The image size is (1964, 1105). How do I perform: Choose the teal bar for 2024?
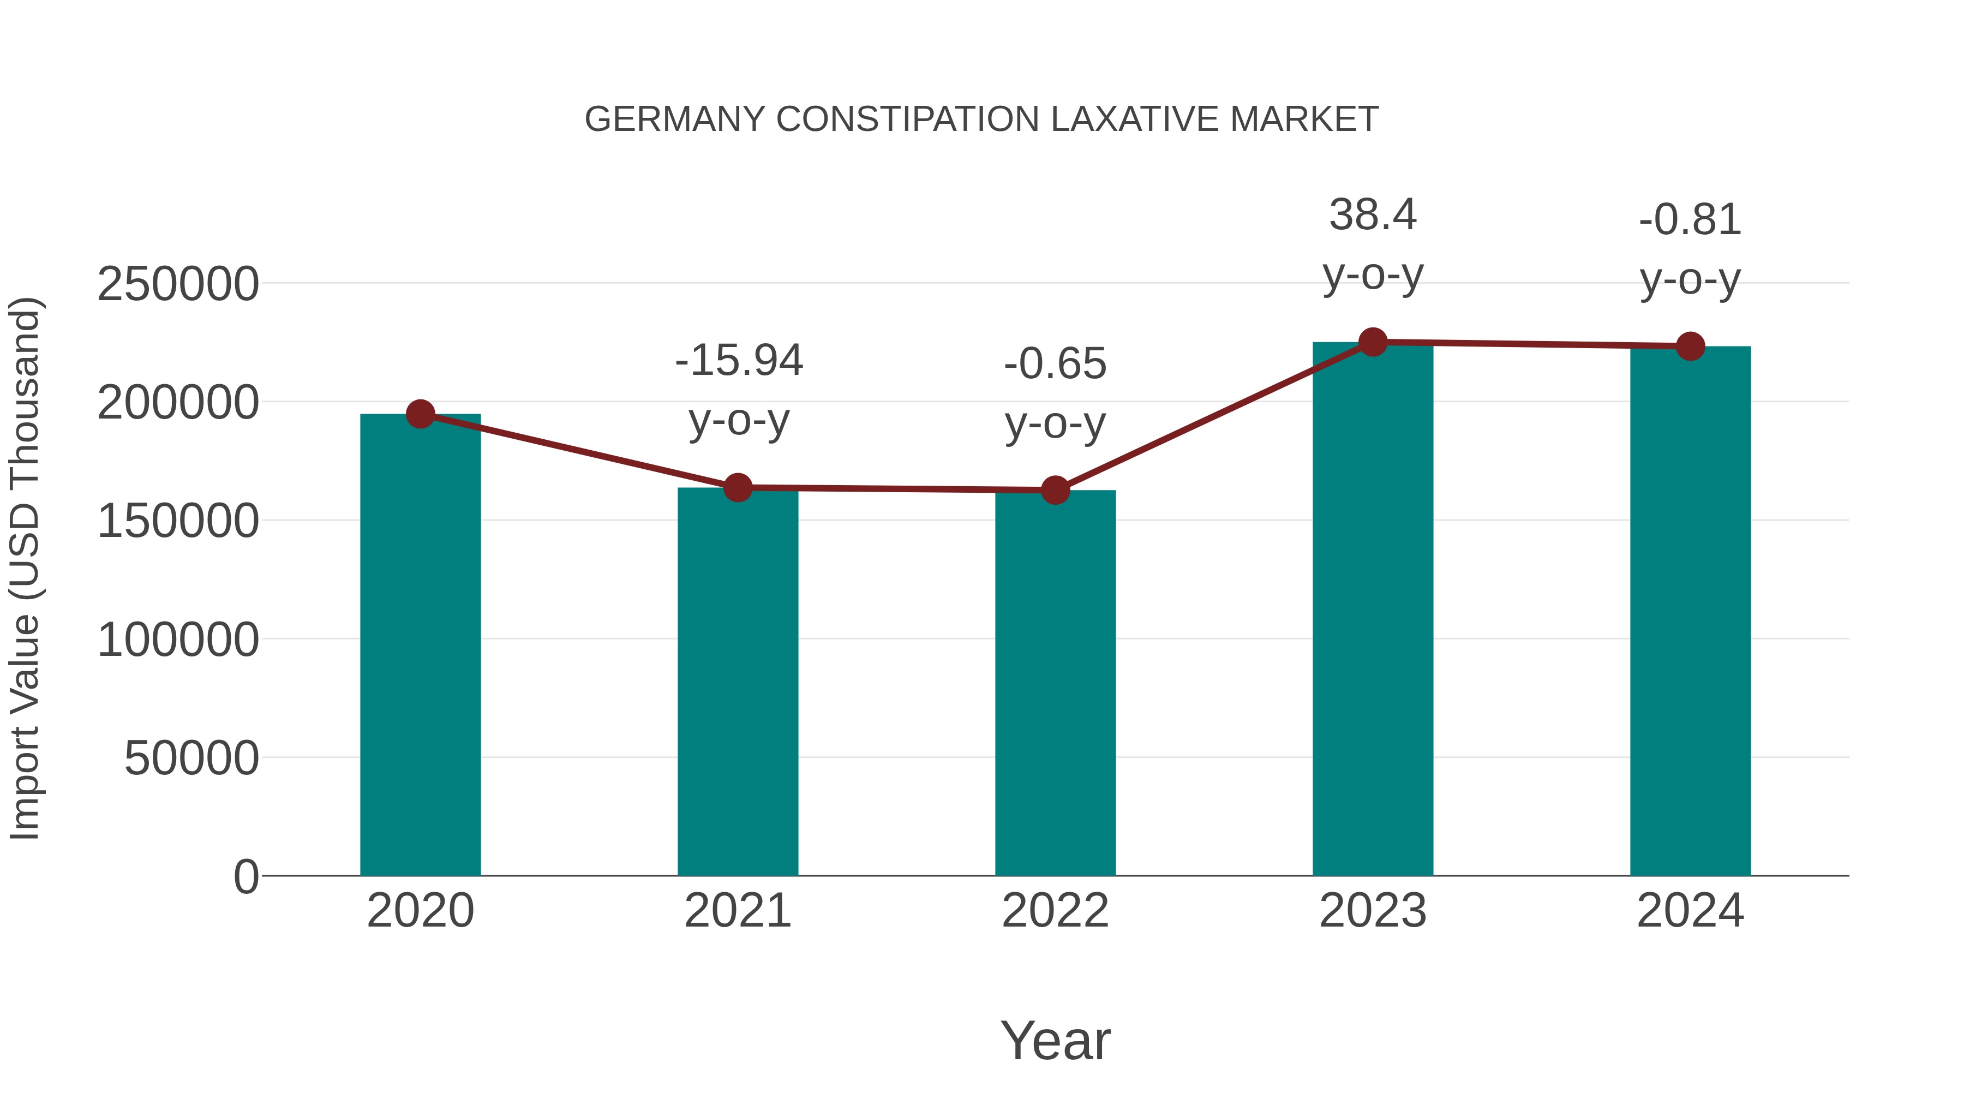click(x=1690, y=611)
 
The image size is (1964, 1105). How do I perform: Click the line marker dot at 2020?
click(x=420, y=414)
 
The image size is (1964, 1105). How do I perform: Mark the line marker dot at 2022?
click(x=1055, y=491)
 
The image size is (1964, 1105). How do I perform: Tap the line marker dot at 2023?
click(x=1373, y=342)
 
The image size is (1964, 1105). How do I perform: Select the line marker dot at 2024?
click(x=1690, y=346)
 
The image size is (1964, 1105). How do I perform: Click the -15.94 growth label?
click(x=739, y=361)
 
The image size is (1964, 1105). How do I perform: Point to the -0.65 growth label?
click(x=1055, y=364)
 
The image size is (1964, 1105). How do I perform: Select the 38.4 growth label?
click(x=1373, y=215)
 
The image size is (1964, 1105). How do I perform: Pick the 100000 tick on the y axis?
click(x=178, y=640)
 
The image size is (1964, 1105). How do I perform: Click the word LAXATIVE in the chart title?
click(x=1137, y=120)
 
